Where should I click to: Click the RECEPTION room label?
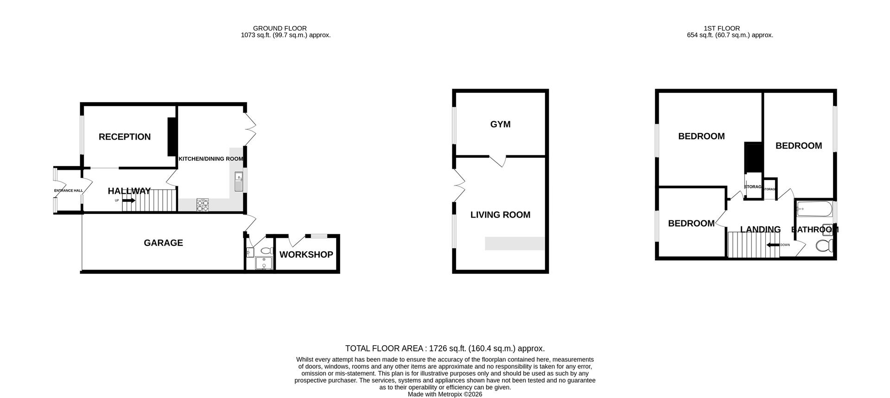[124, 137]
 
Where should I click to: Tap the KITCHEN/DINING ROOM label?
[211, 159]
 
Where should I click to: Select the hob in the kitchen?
[203, 205]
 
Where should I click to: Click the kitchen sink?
[238, 181]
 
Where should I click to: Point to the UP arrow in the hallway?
[129, 200]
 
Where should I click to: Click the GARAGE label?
[163, 243]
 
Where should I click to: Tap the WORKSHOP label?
[306, 255]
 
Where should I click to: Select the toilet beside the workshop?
[266, 251]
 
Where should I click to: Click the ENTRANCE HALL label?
[68, 191]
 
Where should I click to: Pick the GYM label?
[500, 124]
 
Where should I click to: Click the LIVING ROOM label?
[500, 215]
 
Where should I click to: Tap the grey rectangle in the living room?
[515, 244]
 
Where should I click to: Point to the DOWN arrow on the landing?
[773, 245]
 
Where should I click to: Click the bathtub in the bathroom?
[814, 210]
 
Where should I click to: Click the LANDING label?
[760, 230]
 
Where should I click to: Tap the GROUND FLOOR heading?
[280, 28]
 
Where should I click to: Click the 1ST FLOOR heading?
[722, 28]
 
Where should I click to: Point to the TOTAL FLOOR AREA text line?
[445, 348]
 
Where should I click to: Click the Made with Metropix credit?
[445, 394]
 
